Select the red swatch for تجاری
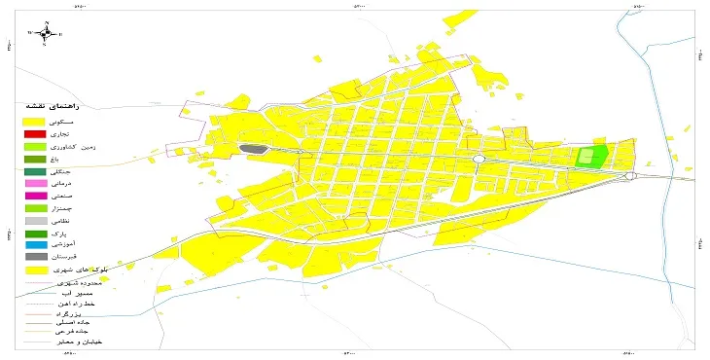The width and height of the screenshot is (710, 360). (35, 133)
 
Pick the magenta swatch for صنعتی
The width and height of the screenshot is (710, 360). (35, 196)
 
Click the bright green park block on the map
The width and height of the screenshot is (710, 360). (591, 156)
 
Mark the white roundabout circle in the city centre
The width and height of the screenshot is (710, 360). (479, 159)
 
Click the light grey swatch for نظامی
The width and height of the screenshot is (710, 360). (35, 221)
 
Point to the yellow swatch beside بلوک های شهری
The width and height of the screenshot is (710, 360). (35, 270)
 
